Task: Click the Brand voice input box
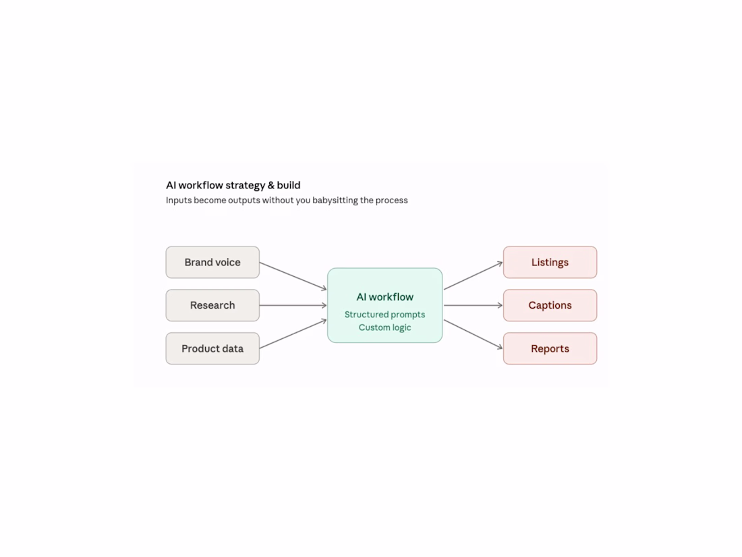(212, 262)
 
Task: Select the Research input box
(212, 305)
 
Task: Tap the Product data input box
(212, 348)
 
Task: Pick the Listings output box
(550, 262)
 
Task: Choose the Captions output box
(550, 305)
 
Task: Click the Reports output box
(550, 348)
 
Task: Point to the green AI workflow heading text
(384, 297)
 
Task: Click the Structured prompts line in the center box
(384, 315)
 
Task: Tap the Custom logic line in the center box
(384, 327)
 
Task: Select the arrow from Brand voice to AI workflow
(293, 275)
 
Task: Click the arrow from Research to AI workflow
(293, 305)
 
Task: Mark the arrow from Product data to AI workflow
(293, 334)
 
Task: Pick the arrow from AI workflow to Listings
(474, 275)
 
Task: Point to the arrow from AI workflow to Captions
(474, 305)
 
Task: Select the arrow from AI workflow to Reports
(474, 335)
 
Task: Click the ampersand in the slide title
(270, 185)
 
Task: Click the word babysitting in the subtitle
(335, 201)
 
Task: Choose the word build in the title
(289, 185)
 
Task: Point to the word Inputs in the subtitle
(178, 201)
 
